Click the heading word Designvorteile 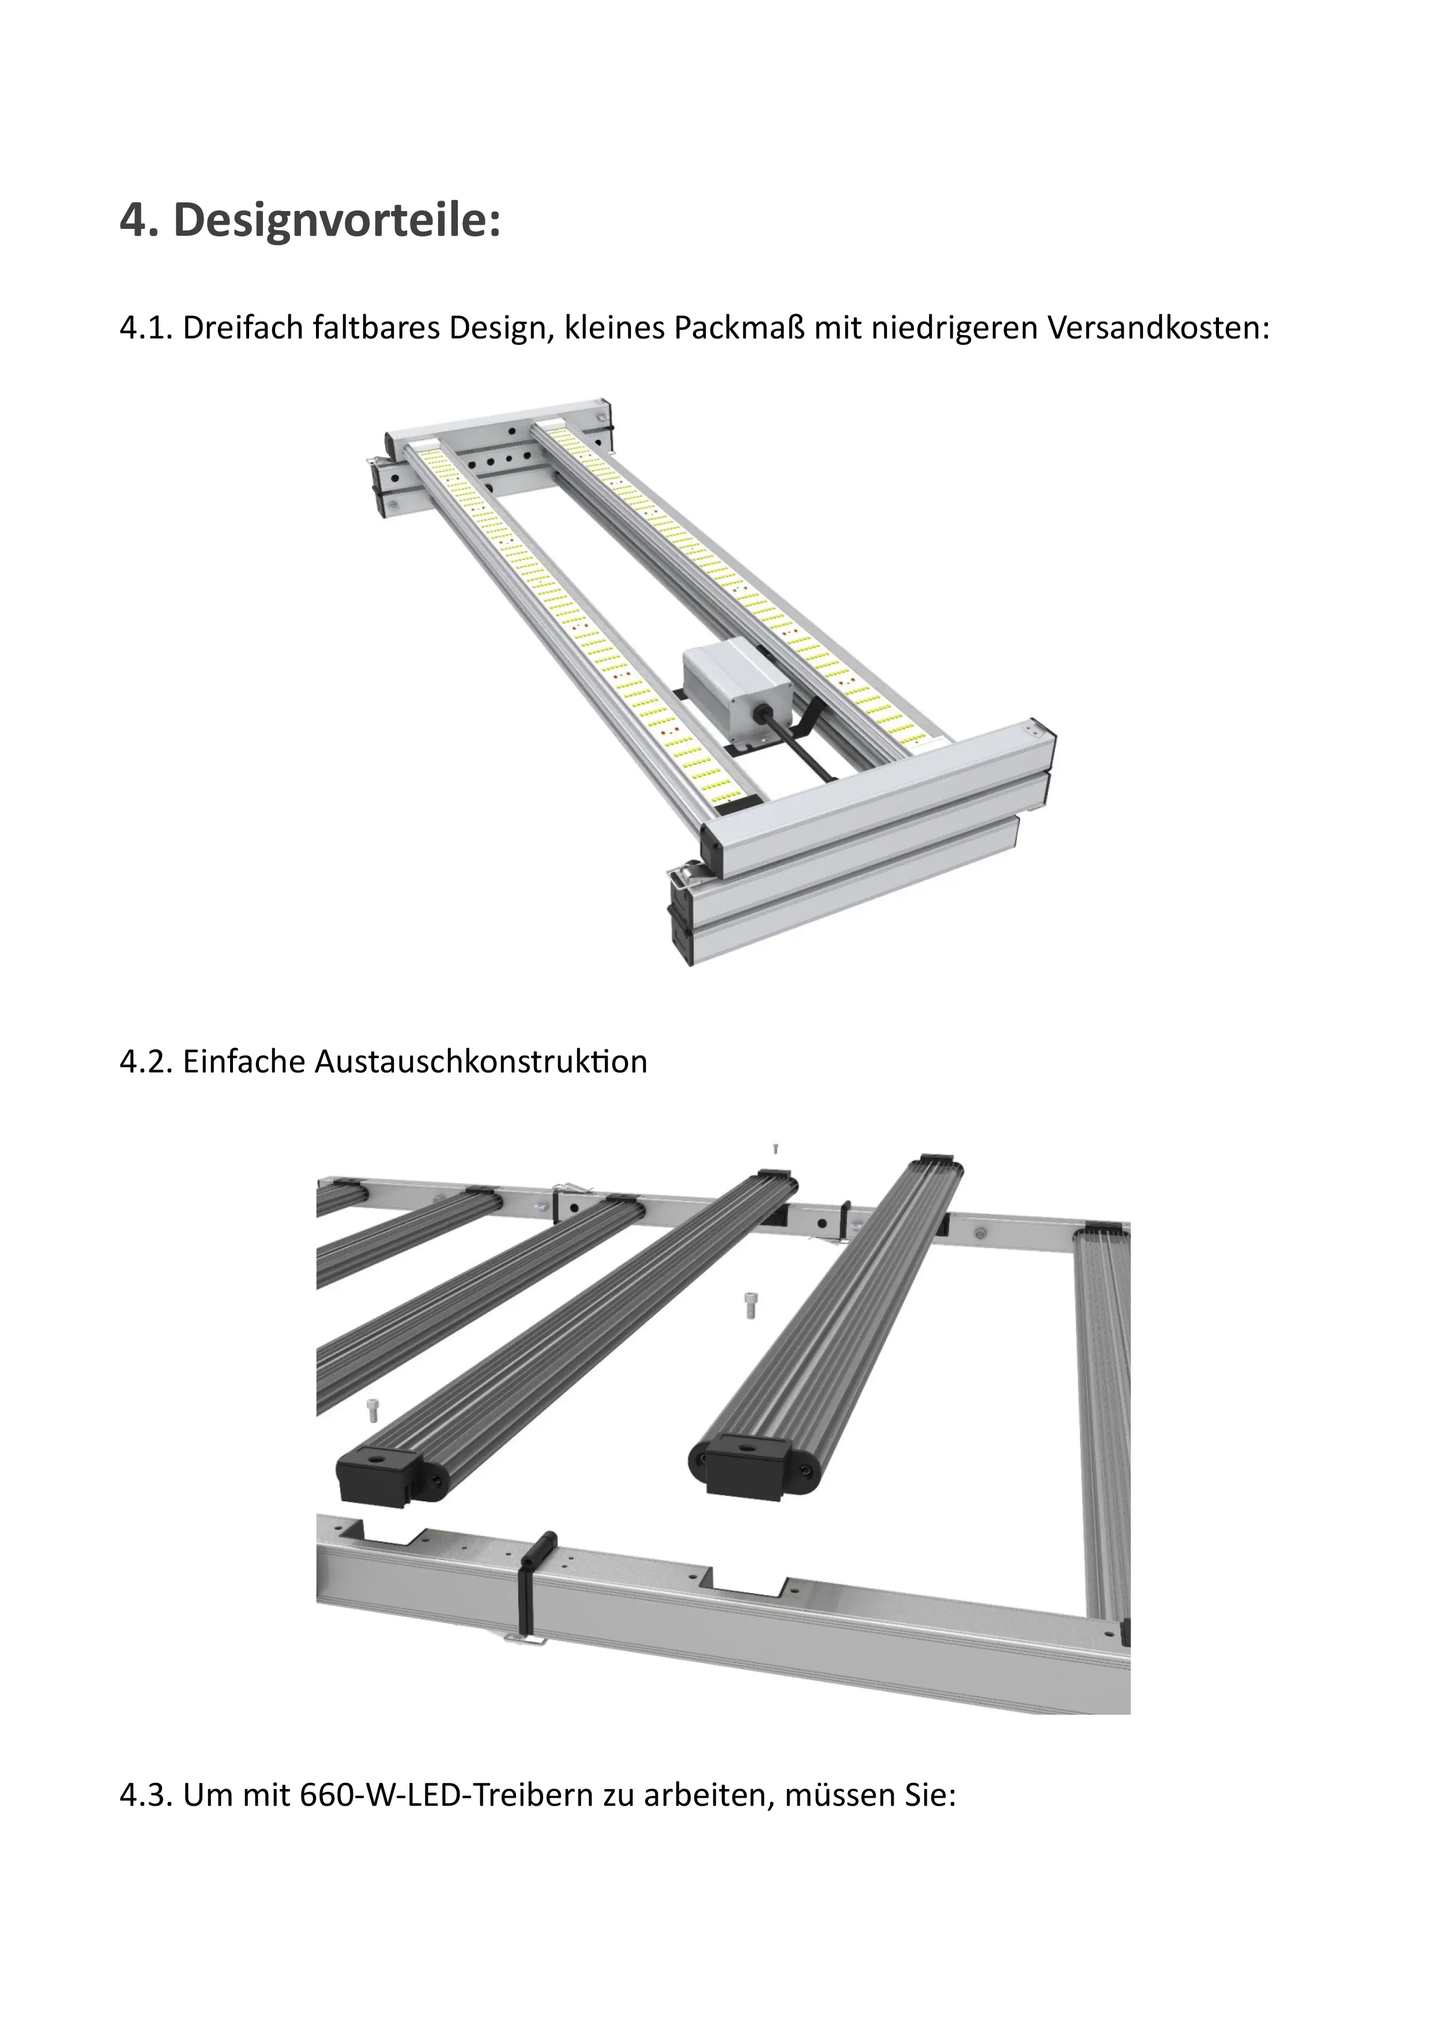tap(334, 220)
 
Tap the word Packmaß tap(742, 329)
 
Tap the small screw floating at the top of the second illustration tap(775, 1149)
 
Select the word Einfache tap(244, 1062)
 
